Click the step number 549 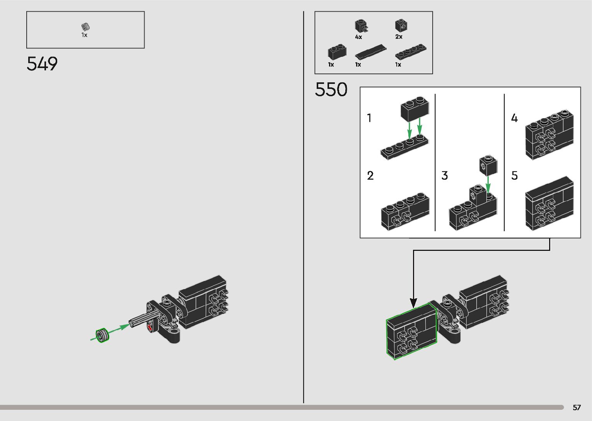(x=42, y=64)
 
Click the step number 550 (x=331, y=89)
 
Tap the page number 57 (x=577, y=407)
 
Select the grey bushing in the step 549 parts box (x=85, y=27)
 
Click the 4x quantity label (x=358, y=37)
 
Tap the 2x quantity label (x=399, y=37)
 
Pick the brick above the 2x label (x=401, y=26)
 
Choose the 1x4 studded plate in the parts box (x=411, y=51)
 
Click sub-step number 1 (x=369, y=118)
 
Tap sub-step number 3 (x=445, y=176)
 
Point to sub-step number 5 (x=514, y=176)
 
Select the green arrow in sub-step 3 (x=488, y=184)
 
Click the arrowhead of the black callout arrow (x=413, y=303)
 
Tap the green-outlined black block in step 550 (x=411, y=332)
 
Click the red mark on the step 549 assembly (x=150, y=327)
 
